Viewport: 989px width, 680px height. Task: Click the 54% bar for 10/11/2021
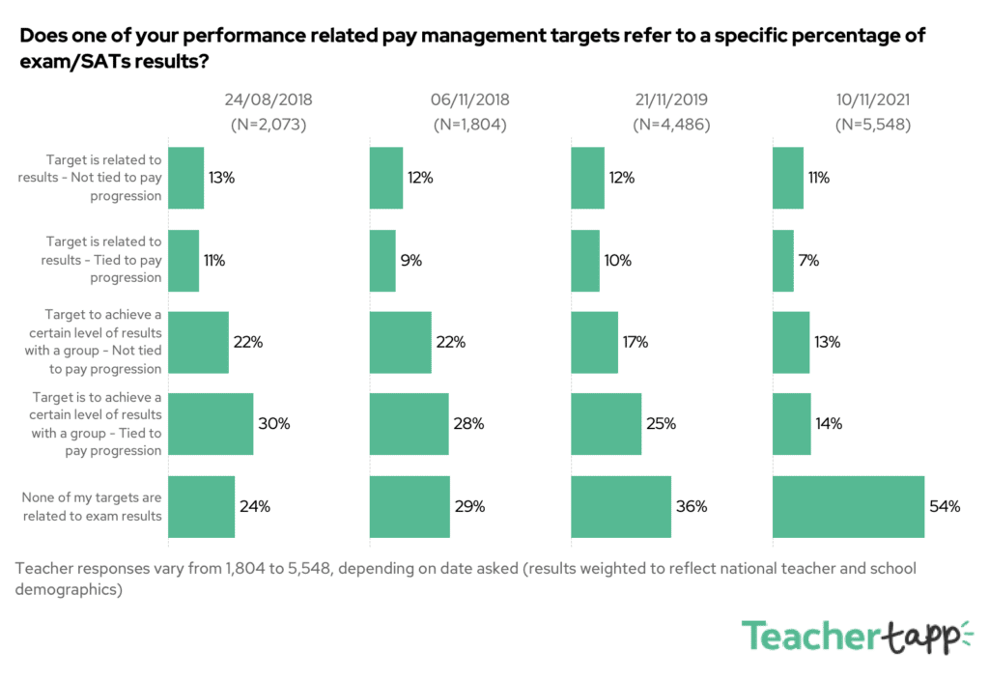848,506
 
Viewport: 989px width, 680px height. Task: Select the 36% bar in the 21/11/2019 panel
621,506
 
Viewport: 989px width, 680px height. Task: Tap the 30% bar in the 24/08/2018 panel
211,423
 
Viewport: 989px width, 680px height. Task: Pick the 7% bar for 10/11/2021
783,260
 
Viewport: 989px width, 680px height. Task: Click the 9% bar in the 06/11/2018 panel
382,260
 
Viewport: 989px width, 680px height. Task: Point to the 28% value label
470,424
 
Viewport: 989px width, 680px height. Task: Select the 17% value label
635,342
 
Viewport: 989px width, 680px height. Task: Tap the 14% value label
829,424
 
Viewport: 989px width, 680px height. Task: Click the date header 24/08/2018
268,99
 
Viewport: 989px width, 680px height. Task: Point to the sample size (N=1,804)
469,125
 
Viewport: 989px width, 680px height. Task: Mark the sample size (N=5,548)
872,125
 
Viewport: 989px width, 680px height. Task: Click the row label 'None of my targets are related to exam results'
92,506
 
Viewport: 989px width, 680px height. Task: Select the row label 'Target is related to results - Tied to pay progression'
101,260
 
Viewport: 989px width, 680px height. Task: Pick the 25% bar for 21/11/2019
606,423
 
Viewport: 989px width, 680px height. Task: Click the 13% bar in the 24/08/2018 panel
186,178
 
